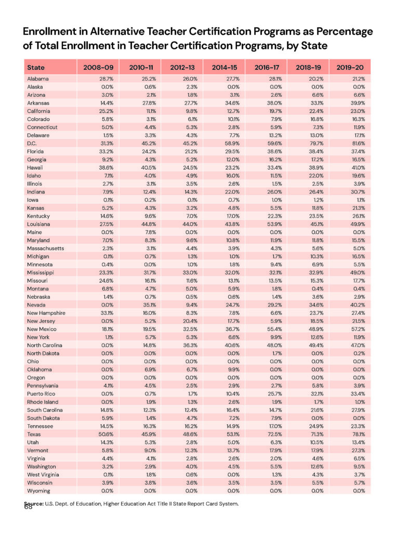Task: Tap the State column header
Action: [x=36, y=68]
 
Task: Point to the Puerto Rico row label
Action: [x=41, y=394]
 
